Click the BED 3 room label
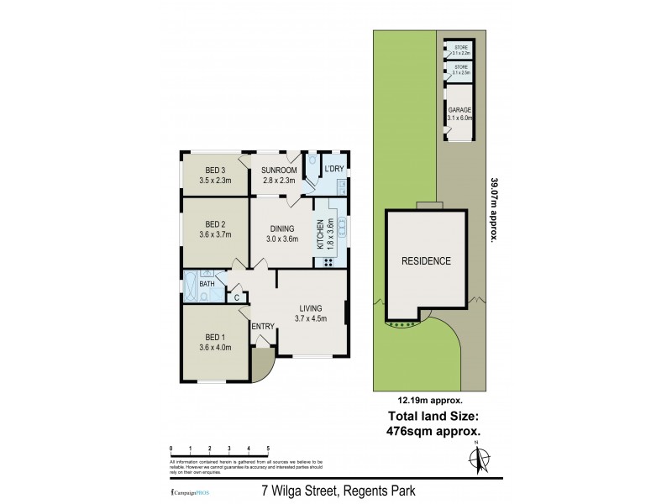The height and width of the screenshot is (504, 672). (215, 169)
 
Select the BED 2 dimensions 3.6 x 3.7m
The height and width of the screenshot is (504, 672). (214, 235)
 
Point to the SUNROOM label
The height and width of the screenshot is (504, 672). (278, 169)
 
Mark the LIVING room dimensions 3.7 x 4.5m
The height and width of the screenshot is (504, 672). (310, 318)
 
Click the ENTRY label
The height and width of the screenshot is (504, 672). (263, 326)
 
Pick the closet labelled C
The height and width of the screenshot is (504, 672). (237, 296)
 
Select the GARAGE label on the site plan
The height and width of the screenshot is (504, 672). (459, 110)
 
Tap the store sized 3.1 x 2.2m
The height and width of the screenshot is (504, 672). (459, 50)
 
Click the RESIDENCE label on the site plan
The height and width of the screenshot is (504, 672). (425, 260)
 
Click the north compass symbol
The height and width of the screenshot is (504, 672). (480, 459)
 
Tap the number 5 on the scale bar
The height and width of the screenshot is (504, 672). (267, 449)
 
